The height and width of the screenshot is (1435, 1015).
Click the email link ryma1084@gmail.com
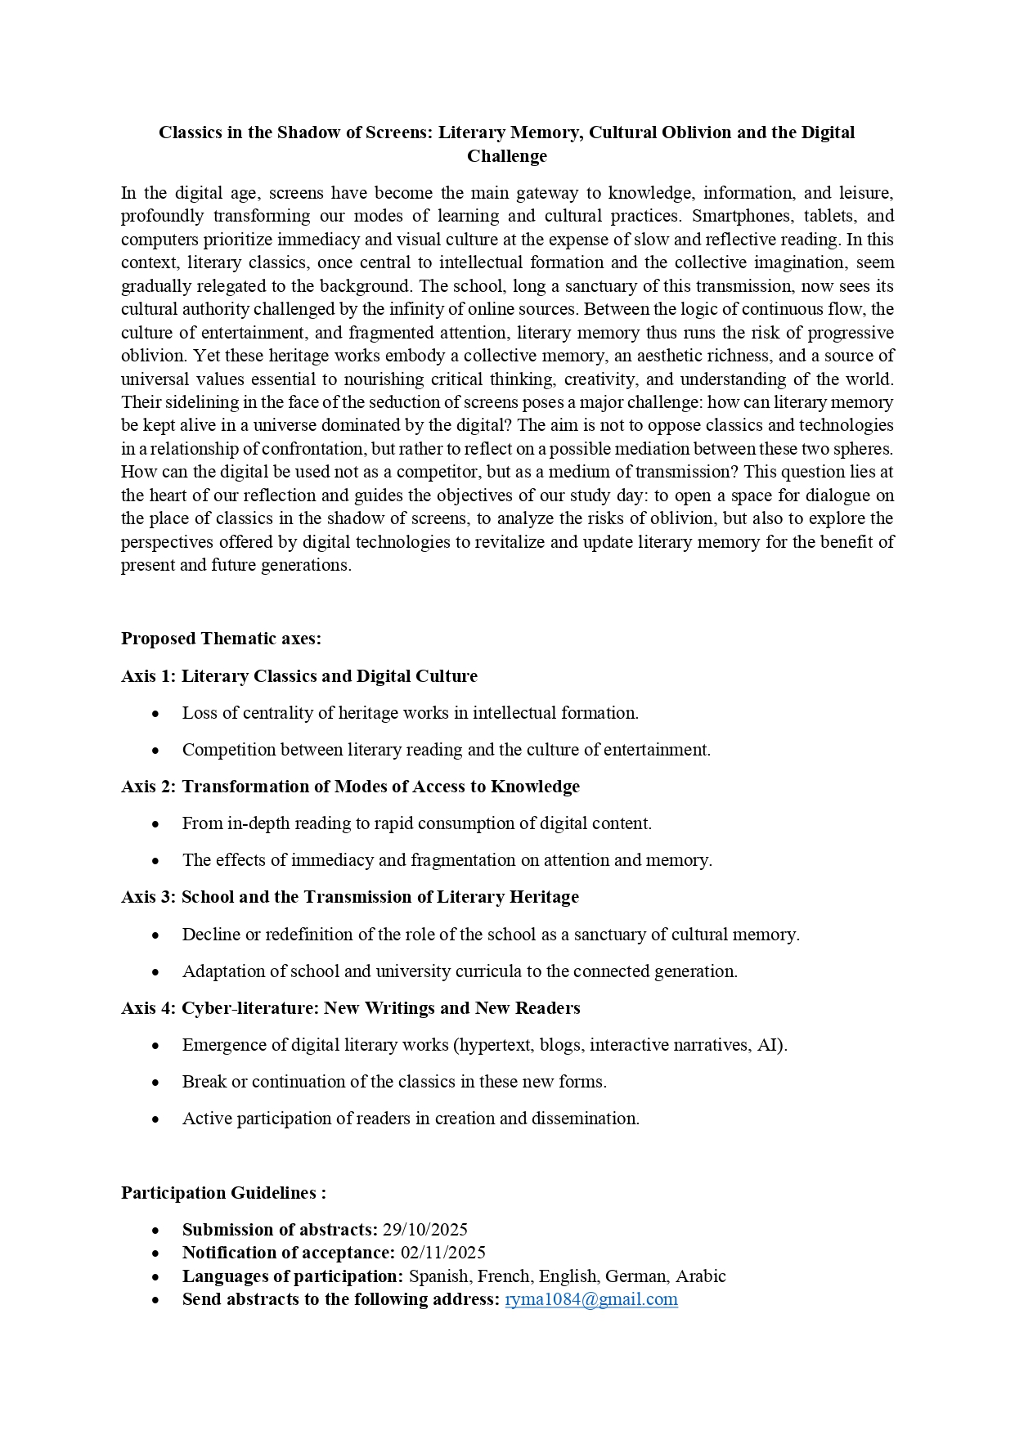[591, 1299]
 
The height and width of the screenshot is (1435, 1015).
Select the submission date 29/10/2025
[424, 1230]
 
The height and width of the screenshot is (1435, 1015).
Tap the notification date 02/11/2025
[442, 1253]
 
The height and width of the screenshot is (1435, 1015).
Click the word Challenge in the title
[506, 156]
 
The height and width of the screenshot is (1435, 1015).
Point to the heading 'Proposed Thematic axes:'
[221, 639]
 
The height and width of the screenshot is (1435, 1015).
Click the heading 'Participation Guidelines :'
[223, 1193]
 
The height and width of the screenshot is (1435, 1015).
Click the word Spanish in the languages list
[438, 1276]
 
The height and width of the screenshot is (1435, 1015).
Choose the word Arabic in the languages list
[702, 1276]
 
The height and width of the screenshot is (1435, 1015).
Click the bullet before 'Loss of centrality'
[155, 714]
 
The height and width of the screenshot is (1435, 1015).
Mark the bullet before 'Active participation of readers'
[155, 1119]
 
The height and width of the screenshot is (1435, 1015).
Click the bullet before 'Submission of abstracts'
[155, 1231]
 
